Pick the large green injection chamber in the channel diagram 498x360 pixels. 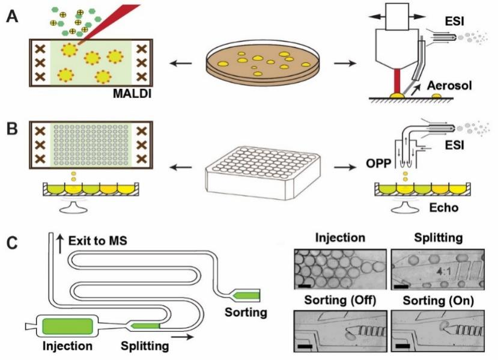[68, 326]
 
